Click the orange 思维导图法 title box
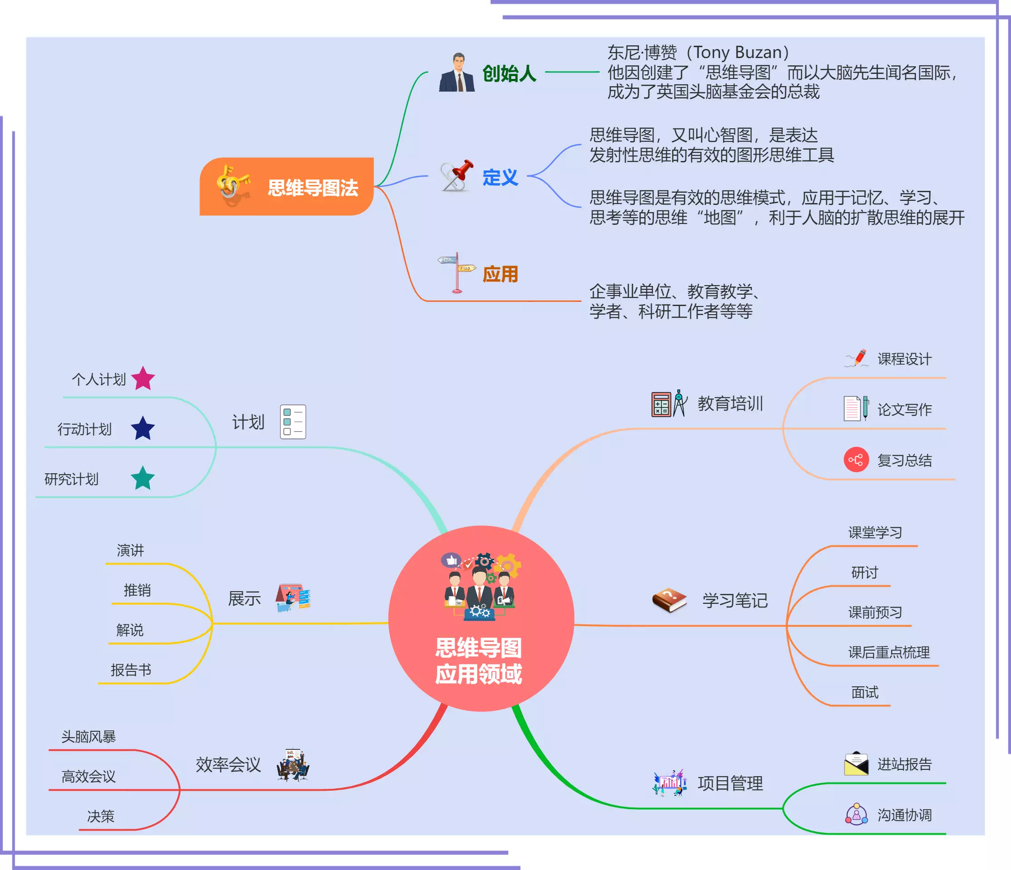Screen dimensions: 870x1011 coord(287,186)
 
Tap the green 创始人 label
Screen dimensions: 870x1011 coord(509,74)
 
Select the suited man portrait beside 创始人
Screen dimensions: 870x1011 coord(457,73)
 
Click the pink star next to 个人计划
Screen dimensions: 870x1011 coord(143,379)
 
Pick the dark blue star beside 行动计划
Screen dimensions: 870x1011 coord(143,428)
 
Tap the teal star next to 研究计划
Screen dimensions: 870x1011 coord(143,478)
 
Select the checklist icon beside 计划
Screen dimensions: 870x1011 coord(293,422)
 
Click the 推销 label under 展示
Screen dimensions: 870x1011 coord(137,590)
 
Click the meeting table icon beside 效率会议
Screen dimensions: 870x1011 coord(293,765)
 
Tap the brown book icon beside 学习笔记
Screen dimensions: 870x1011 coord(670,600)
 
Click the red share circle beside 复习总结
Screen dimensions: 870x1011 coord(856,460)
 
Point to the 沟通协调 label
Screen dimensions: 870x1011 coord(904,815)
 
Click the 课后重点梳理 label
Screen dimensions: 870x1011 coord(889,652)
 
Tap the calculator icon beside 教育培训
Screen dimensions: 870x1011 coord(661,404)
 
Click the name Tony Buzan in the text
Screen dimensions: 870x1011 coord(737,52)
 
